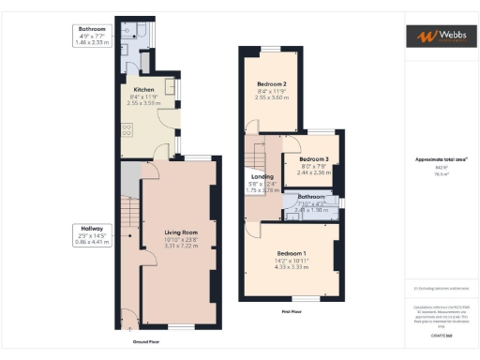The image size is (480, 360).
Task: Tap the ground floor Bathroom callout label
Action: pos(92,29)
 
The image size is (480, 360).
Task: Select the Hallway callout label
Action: pos(92,227)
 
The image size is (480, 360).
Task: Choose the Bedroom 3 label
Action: pos(313,159)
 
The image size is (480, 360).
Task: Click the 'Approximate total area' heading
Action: pos(437,159)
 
